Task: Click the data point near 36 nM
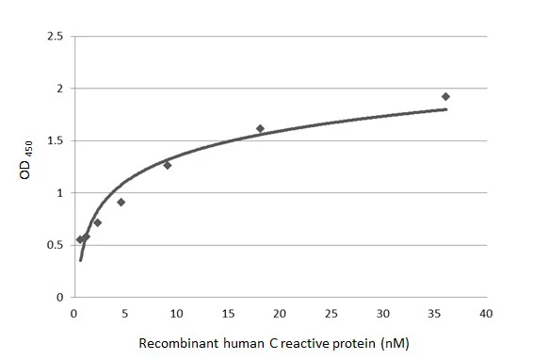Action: [x=445, y=96]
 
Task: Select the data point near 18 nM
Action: [x=260, y=128]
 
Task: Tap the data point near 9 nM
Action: [x=168, y=165]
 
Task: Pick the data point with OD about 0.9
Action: [x=121, y=202]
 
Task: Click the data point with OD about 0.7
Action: [x=97, y=222]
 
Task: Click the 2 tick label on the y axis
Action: [x=59, y=89]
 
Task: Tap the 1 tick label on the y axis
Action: [x=59, y=193]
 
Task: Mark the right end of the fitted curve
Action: [x=446, y=109]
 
